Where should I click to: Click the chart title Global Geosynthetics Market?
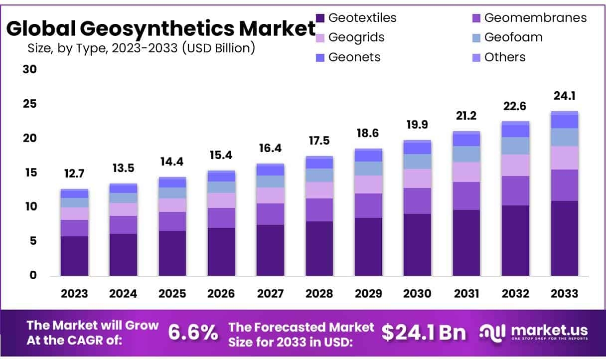tap(160, 29)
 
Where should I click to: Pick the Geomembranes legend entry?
tap(535, 18)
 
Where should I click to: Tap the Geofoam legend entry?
tap(513, 37)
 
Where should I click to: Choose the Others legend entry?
tap(504, 57)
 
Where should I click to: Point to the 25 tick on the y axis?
tap(29, 104)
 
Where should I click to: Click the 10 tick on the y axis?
tap(29, 206)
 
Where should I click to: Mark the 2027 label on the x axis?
tap(270, 293)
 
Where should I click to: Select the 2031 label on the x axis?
tap(466, 293)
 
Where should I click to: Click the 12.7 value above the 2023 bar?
tap(74, 175)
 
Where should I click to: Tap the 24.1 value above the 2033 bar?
tap(564, 96)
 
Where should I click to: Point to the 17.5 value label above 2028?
tap(319, 141)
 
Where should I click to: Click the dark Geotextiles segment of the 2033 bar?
tap(564, 238)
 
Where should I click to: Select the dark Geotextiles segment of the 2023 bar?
tap(74, 256)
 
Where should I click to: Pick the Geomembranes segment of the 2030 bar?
tap(417, 201)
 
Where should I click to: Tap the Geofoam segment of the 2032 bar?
tap(515, 146)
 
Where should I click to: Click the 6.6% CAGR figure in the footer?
tap(193, 333)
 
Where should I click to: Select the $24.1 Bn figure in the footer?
tap(424, 333)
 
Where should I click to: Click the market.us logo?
tap(534, 332)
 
